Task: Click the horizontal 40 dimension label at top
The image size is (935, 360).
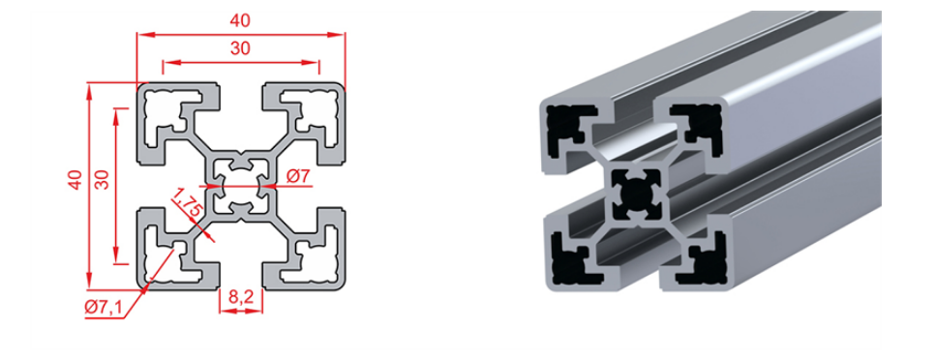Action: point(240,20)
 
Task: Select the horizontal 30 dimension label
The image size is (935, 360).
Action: point(240,49)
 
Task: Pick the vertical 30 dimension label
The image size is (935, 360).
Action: point(103,179)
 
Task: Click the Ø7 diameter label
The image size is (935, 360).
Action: point(297,176)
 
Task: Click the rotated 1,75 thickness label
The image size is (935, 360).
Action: point(186,204)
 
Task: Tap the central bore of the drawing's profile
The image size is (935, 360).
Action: point(241,186)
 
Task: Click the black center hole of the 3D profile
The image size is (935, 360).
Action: point(635,195)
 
